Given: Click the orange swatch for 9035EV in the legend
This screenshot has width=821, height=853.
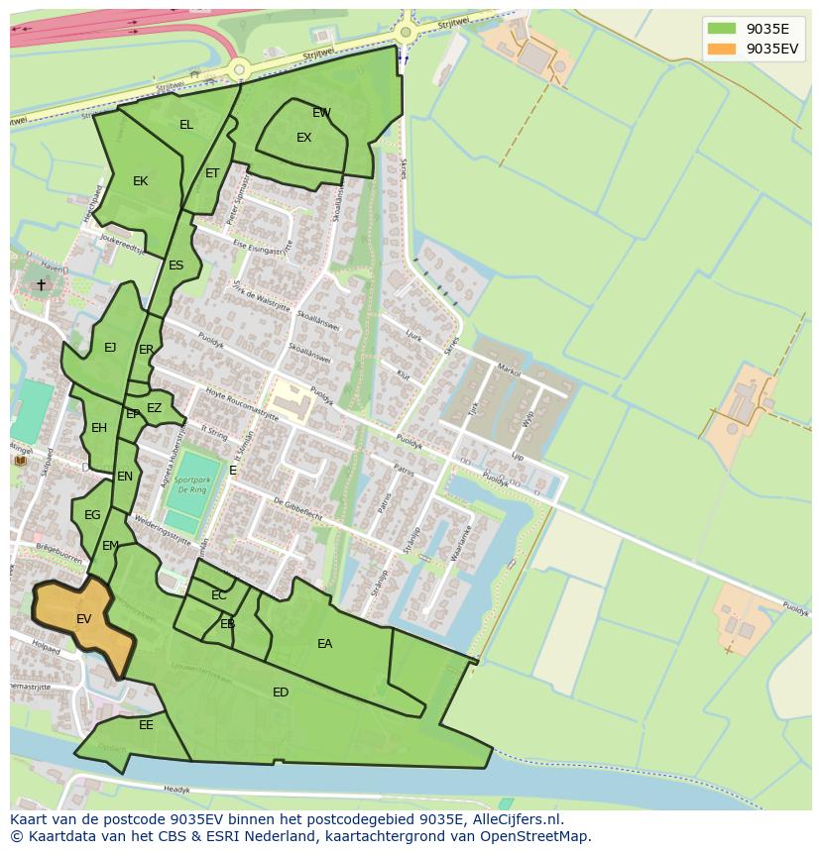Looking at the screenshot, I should (722, 49).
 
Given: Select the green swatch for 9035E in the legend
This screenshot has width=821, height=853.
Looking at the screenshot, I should (722, 29).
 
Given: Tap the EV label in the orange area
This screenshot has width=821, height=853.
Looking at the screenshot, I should (83, 619).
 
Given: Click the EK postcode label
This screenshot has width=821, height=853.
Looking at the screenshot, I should (140, 181).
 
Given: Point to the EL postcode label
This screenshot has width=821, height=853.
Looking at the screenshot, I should (186, 125).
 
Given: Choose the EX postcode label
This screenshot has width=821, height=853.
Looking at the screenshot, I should (303, 138).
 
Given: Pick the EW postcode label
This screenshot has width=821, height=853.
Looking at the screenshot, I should (321, 113).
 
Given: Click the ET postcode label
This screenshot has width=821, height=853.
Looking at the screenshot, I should (212, 173).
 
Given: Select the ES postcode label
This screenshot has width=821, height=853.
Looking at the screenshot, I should (176, 266).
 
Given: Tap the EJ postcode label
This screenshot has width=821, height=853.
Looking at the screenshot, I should (110, 348).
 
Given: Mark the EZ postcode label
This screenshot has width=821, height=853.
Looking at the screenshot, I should (154, 408).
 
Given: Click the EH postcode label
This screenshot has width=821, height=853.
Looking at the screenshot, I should (99, 428).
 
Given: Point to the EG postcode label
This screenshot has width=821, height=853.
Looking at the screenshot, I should (92, 515).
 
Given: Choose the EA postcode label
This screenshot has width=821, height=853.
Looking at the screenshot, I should (324, 644).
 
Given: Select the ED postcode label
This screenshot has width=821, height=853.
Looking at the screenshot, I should (281, 693).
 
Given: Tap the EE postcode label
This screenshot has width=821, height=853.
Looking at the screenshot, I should (146, 725).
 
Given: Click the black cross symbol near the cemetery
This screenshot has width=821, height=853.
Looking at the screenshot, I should (41, 285).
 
